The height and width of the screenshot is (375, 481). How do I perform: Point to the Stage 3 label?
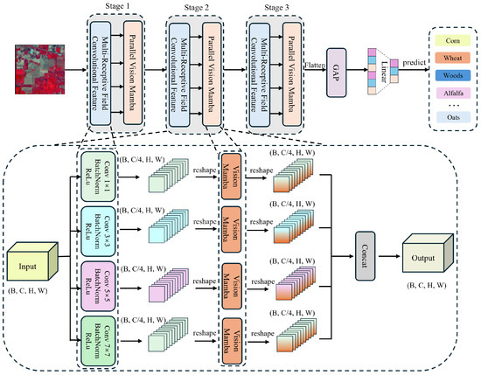coord(274,6)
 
